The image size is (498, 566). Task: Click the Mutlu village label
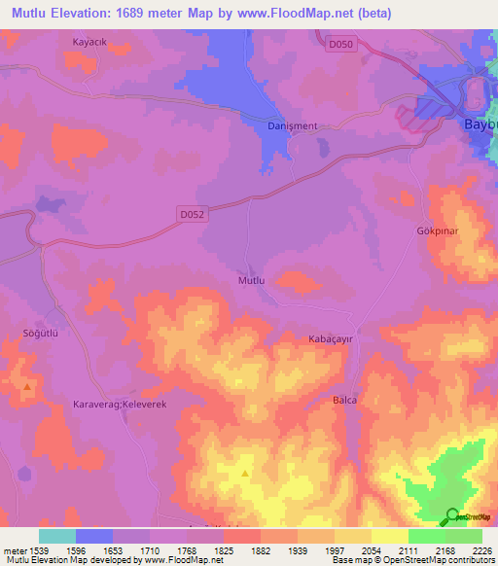pos(252,280)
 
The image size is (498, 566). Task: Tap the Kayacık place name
pos(90,42)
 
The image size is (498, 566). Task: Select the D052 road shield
pos(193,214)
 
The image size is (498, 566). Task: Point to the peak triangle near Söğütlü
pos(27,387)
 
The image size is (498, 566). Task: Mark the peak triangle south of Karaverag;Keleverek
pos(244,475)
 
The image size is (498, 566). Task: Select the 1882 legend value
pos(262,549)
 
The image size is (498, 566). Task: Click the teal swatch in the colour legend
pos(57,536)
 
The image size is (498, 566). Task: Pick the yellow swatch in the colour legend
pos(390,536)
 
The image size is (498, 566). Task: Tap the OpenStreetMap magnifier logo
pos(452,517)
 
